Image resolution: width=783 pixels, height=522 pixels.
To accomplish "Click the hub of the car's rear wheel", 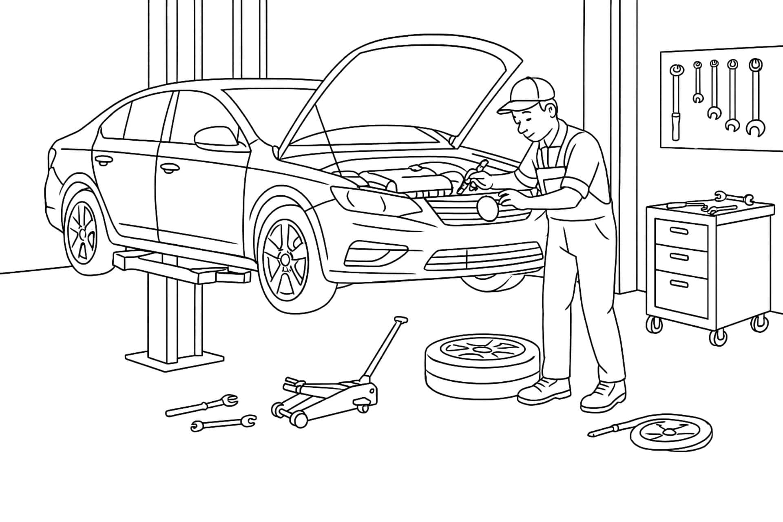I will (x=83, y=233).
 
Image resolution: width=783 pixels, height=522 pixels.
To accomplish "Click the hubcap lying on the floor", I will (x=671, y=432).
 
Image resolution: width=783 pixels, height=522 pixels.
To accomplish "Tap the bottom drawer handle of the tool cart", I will (x=681, y=283).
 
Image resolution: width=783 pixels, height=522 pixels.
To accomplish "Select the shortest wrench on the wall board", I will (x=698, y=82).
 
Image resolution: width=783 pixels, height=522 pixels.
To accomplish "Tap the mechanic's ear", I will (x=551, y=109).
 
